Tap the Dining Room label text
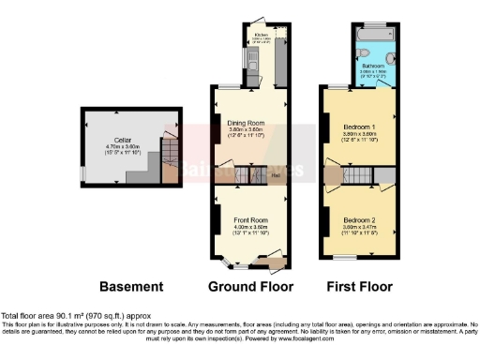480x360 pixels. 248,121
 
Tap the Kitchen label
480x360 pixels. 261,38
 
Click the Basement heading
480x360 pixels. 132,286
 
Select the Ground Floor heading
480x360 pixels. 250,286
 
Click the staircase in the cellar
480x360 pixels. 170,159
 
